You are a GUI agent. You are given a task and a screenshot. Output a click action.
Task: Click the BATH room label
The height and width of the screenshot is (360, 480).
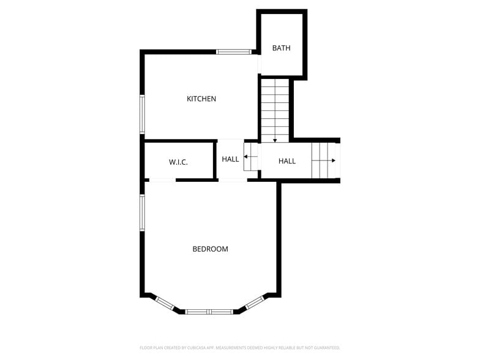282,48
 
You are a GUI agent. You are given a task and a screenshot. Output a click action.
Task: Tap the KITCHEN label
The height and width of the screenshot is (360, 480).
201,99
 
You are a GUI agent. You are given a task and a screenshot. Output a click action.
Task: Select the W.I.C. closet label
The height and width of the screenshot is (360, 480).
178,162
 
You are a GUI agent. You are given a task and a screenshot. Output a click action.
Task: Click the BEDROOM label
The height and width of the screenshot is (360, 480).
210,249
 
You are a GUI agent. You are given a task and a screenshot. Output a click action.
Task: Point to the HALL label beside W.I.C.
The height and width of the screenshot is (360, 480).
231,159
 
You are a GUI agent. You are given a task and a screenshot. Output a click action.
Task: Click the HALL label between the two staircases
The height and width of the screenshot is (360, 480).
287,161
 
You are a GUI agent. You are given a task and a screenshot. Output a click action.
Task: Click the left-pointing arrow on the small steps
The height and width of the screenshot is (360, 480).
246,158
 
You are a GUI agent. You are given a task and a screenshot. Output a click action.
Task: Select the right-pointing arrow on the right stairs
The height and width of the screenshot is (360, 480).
332,160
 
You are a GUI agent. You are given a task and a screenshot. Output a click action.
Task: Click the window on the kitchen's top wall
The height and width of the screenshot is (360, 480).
234,51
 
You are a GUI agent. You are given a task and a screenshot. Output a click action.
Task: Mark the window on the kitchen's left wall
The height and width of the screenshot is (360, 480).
142,114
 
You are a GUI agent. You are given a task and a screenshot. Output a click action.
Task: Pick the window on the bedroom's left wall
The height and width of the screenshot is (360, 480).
142,212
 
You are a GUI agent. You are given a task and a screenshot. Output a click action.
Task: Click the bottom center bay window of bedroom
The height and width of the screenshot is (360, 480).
209,312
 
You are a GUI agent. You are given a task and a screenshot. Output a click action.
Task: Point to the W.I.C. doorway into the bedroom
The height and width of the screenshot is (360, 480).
162,180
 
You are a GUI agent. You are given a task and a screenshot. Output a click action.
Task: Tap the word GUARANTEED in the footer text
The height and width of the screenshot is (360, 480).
325,348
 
